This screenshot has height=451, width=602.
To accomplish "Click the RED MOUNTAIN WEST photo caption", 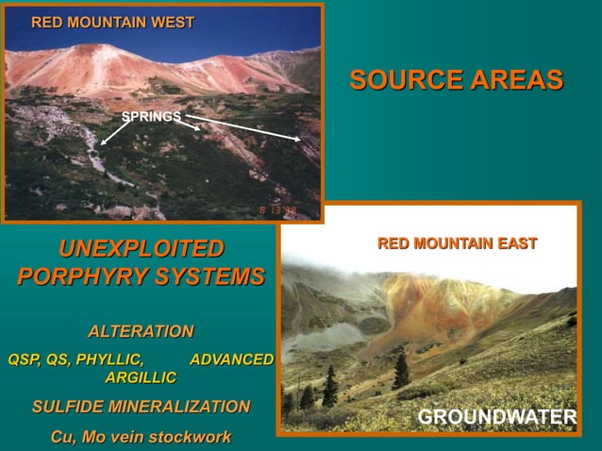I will coord(112,22).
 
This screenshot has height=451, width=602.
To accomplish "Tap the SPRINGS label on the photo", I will coord(151,116).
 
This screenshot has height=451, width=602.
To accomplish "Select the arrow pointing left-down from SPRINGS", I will coord(114,131).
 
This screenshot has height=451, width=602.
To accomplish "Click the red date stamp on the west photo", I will coord(278,209).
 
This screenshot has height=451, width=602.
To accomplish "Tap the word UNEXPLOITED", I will coord(142,249).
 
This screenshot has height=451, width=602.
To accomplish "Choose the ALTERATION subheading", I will coord(141,331).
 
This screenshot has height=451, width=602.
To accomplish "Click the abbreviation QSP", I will coord(25,359).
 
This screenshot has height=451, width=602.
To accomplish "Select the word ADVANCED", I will coord(231,359).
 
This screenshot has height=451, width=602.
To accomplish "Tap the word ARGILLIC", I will coord(141,377).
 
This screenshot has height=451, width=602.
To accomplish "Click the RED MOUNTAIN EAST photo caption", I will coord(457,244).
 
